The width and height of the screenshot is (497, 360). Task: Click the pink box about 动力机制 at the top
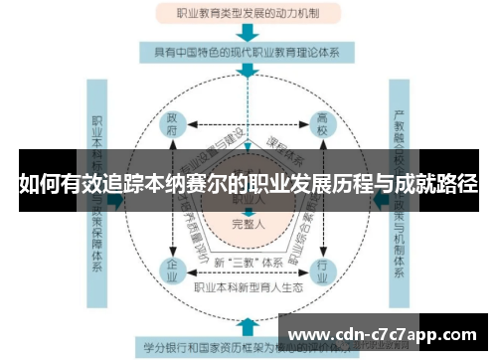248,14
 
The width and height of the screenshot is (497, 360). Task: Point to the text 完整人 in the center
248,223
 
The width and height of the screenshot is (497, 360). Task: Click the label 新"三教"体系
248,262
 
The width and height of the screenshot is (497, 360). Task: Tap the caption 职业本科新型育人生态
248,286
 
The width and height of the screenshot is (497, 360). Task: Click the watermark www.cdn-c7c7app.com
387,333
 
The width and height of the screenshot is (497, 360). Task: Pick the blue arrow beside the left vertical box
117,200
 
